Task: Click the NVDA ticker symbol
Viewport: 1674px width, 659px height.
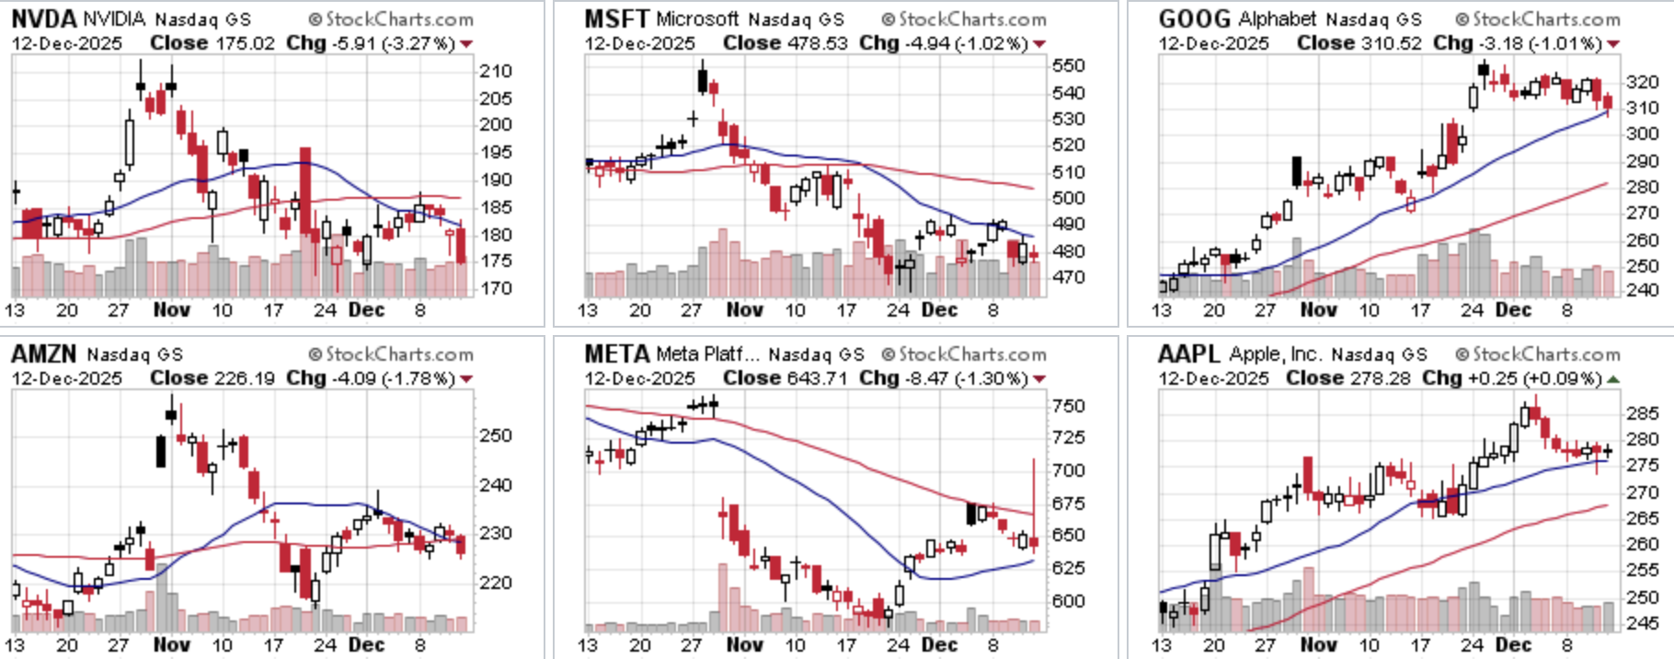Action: [44, 18]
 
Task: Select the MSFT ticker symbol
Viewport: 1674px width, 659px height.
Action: [617, 18]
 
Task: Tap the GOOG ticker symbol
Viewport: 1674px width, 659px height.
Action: [1194, 18]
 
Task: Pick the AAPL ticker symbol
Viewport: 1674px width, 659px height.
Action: [1189, 353]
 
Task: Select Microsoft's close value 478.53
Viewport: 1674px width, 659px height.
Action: [818, 43]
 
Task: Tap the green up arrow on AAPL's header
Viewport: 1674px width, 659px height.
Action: [1612, 379]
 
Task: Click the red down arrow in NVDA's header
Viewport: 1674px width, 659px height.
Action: [466, 44]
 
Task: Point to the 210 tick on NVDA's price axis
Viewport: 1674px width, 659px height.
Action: [496, 71]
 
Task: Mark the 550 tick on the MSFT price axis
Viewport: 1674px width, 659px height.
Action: [1069, 65]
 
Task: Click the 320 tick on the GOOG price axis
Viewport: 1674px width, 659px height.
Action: [1642, 82]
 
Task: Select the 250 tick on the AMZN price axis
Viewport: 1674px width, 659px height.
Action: [496, 435]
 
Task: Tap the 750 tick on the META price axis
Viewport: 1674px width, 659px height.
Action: [1069, 406]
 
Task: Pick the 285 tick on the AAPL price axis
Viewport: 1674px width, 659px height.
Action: [1642, 413]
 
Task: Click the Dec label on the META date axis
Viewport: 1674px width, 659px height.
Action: [939, 645]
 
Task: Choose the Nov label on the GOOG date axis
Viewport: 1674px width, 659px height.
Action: [1318, 310]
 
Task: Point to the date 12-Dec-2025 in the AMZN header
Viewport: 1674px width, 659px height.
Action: [66, 378]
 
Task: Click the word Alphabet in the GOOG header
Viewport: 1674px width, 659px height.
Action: [1278, 18]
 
